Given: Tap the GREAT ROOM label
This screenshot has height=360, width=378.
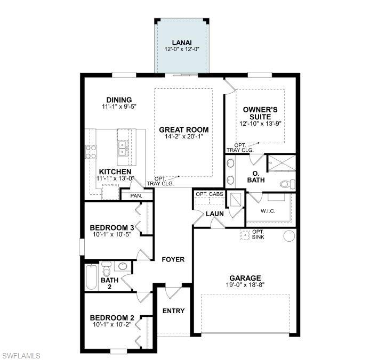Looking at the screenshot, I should (184, 129).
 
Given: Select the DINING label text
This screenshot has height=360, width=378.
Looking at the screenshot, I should (119, 100).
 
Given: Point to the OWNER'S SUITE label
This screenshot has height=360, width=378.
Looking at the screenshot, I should (260, 112).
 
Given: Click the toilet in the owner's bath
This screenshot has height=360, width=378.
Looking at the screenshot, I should (287, 185).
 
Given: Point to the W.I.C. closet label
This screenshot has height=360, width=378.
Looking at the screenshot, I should (268, 210).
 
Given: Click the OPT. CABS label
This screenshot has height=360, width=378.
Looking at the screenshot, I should (209, 194).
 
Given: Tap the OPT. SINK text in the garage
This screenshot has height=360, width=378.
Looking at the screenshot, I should (258, 235).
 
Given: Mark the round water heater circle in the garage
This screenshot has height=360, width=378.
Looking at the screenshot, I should (288, 235).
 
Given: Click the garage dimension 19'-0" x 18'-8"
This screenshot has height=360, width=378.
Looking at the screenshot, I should (245, 285).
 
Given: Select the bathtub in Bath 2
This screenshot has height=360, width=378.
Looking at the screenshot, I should (91, 277).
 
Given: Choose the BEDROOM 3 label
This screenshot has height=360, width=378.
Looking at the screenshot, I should (111, 228).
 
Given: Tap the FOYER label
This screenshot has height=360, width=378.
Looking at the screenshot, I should (173, 259).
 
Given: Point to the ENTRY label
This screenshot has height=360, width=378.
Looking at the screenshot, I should (173, 311).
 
